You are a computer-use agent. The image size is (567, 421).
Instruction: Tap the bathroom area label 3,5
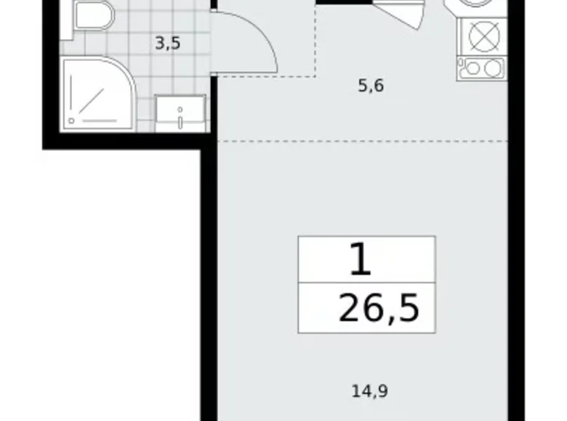[x=167, y=43]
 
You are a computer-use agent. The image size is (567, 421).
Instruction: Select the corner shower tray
[x=99, y=94]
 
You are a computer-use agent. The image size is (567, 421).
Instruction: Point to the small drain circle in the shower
[x=71, y=120]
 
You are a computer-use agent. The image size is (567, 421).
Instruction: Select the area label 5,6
[x=370, y=86]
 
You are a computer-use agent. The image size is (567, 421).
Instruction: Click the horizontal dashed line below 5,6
[x=363, y=136]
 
